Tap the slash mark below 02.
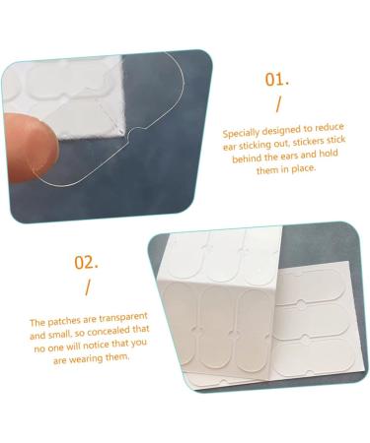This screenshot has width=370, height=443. point(87,288)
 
